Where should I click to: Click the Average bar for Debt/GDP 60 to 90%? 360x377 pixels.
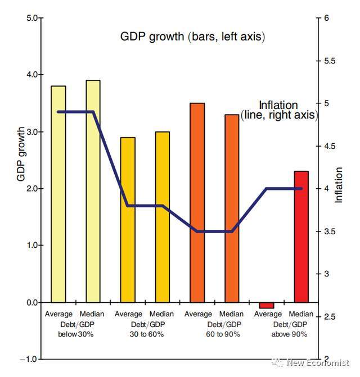pos(197,203)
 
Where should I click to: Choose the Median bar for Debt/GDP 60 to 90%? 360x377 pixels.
pos(232,208)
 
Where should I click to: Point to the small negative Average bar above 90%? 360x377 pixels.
pos(267,305)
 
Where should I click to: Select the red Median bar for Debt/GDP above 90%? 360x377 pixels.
pos(301,237)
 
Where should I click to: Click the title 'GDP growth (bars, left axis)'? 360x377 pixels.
pos(192,37)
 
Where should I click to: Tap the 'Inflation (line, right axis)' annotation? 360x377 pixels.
pos(279,110)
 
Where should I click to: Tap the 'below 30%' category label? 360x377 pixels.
pos(75,334)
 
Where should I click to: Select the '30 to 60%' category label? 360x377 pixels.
pos(145,334)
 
